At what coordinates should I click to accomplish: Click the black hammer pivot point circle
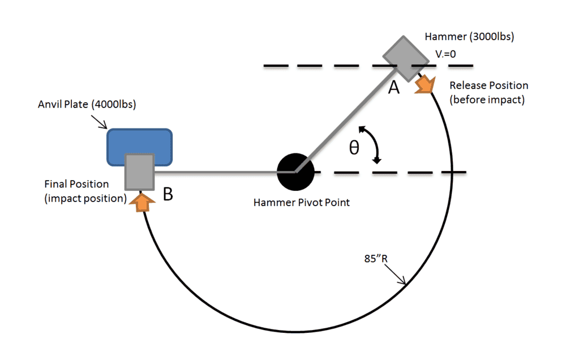[x=295, y=172]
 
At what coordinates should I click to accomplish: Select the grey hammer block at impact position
[x=139, y=172]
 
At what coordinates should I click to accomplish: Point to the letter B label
[x=168, y=194]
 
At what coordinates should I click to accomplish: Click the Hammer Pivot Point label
[x=302, y=202]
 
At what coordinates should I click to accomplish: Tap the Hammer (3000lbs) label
[x=469, y=38]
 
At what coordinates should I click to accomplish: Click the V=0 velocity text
[x=445, y=55]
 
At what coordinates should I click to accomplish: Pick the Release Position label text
[x=488, y=85]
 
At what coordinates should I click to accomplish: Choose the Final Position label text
[x=76, y=185]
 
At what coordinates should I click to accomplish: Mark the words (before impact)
[x=487, y=100]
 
